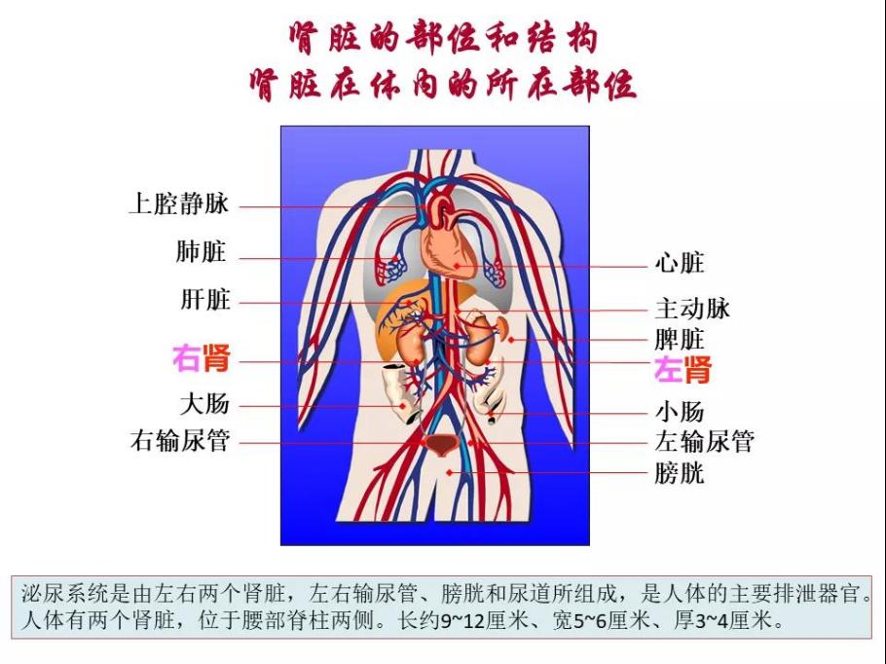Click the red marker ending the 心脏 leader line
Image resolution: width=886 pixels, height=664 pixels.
pyautogui.click(x=457, y=266)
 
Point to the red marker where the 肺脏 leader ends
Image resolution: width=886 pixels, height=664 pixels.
pyautogui.click(x=394, y=259)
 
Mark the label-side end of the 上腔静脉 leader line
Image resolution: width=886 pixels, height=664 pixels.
pyautogui.click(x=240, y=206)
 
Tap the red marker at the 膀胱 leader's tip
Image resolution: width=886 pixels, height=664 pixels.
pyautogui.click(x=449, y=472)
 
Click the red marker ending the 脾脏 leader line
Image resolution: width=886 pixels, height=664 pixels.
pyautogui.click(x=511, y=340)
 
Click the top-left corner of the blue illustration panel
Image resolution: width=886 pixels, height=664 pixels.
pyautogui.click(x=280, y=126)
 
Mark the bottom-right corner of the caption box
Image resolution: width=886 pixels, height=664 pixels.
pyautogui.click(x=871, y=639)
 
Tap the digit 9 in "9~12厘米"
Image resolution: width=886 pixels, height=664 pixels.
pyautogui.click(x=446, y=621)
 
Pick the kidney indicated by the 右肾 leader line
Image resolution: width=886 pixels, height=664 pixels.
pyautogui.click(x=410, y=346)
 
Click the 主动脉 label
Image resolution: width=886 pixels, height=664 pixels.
pyautogui.click(x=692, y=309)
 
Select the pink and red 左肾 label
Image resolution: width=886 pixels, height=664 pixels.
pyautogui.click(x=683, y=370)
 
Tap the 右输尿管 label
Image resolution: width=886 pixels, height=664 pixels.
pyautogui.click(x=180, y=440)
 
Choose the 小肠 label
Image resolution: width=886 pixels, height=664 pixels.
pyautogui.click(x=680, y=412)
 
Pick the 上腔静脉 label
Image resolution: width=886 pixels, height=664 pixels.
pyautogui.click(x=179, y=203)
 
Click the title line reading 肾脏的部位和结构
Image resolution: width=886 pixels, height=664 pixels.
pyautogui.click(x=444, y=37)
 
